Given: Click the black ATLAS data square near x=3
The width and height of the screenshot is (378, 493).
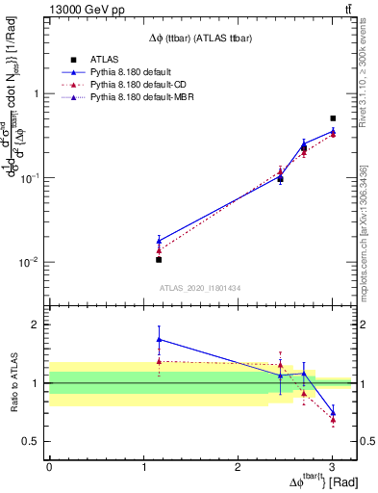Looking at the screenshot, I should coord(333,118).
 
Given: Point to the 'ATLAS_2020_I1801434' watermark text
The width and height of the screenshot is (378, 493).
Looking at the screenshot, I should coord(200,288).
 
